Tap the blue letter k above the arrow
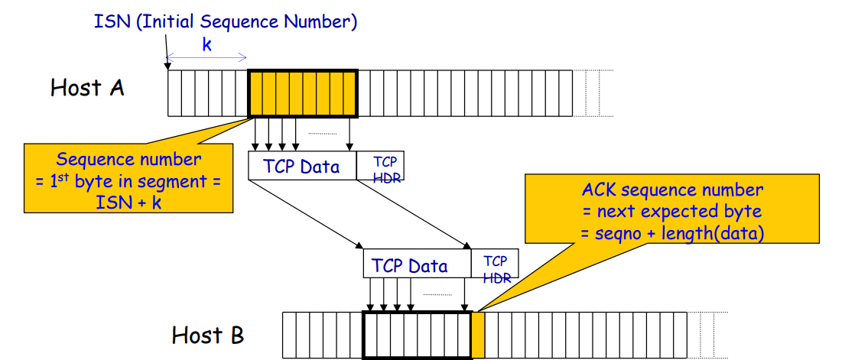207,44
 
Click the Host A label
87,87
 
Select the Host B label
208,335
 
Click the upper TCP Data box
302,165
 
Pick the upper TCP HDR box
380,165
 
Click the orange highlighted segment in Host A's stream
302,92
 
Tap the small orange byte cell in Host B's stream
478,335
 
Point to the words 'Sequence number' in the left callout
128,160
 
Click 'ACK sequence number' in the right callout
672,190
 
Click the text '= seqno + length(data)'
672,234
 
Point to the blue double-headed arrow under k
206,57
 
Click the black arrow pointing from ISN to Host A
166,50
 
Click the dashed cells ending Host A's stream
586,92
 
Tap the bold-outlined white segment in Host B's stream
418,335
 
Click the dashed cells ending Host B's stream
707,335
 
